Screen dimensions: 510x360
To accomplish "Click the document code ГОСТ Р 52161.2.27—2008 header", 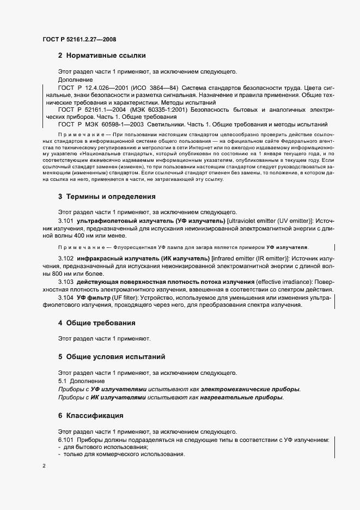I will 79,39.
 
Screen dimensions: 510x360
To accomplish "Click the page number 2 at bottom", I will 44,466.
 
